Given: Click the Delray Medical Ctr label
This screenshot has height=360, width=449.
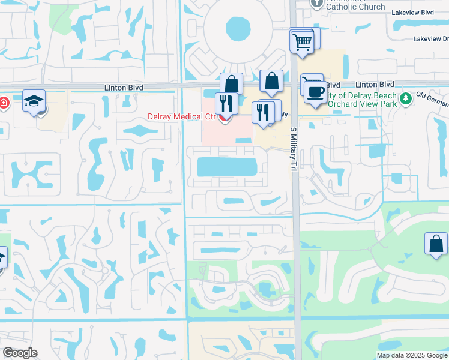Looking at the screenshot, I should click(x=182, y=116).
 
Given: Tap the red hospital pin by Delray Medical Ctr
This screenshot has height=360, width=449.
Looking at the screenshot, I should click(x=224, y=118).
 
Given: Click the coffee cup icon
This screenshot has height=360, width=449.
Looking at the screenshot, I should click(x=315, y=92).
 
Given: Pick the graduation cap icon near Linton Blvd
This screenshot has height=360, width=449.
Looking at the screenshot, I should click(x=34, y=101).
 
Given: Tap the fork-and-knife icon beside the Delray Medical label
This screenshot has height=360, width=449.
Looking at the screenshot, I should click(x=226, y=102).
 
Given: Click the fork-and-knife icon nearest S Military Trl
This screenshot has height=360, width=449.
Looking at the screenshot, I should click(x=262, y=112).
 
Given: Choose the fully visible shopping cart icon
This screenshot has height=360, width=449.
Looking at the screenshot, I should click(x=302, y=42).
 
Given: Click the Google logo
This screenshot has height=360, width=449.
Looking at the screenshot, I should click(x=20, y=353).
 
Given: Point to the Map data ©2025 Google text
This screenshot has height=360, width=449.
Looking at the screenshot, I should click(x=412, y=355).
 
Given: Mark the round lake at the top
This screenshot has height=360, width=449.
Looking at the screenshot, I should click(x=238, y=28).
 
